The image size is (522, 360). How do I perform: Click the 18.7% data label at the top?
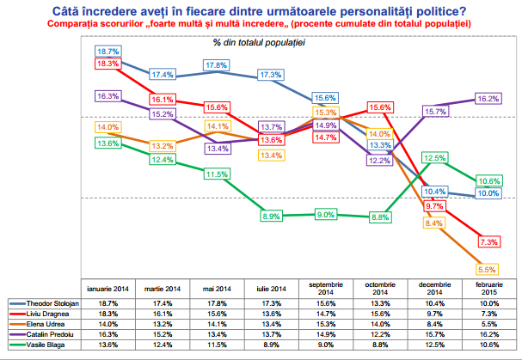[x=108, y=52]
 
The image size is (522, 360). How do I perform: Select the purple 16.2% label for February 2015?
[x=488, y=99]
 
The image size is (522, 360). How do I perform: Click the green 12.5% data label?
[x=434, y=158]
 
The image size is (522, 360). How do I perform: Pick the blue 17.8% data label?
[x=217, y=65]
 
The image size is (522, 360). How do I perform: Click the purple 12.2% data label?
[x=379, y=160]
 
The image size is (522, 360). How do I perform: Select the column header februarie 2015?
[x=488, y=289]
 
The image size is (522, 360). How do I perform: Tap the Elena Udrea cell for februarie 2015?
[x=488, y=325]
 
